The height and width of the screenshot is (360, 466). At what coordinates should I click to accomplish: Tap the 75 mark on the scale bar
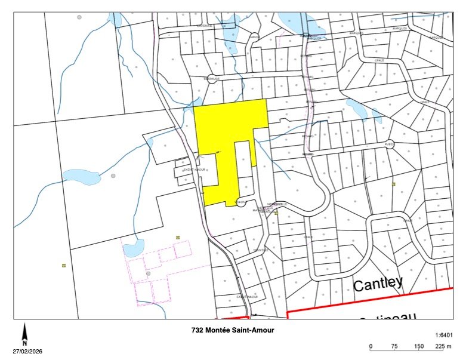pos(394,346)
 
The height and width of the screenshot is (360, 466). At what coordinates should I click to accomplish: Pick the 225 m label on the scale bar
pos(442,346)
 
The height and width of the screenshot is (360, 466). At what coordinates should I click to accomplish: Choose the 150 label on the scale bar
pos(418,346)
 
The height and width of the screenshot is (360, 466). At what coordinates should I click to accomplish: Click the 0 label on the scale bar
pos(371,346)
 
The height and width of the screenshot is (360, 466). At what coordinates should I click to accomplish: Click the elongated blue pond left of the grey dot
pos(82,176)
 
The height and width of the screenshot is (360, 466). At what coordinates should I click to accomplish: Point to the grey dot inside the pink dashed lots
pos(148,274)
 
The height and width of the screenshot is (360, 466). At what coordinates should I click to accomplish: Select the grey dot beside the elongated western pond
pos(113,176)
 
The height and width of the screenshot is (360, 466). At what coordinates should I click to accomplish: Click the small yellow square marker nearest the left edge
pos(63,265)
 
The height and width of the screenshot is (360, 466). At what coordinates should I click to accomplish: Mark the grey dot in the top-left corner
pos(79,17)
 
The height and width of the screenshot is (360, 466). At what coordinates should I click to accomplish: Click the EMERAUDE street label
pos(212,78)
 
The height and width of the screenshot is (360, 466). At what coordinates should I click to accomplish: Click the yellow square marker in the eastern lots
pos(394,184)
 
